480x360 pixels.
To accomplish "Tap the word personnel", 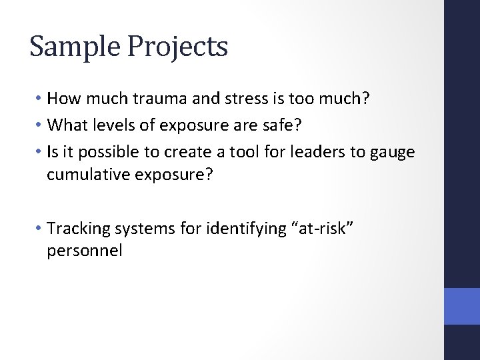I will [85, 252].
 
